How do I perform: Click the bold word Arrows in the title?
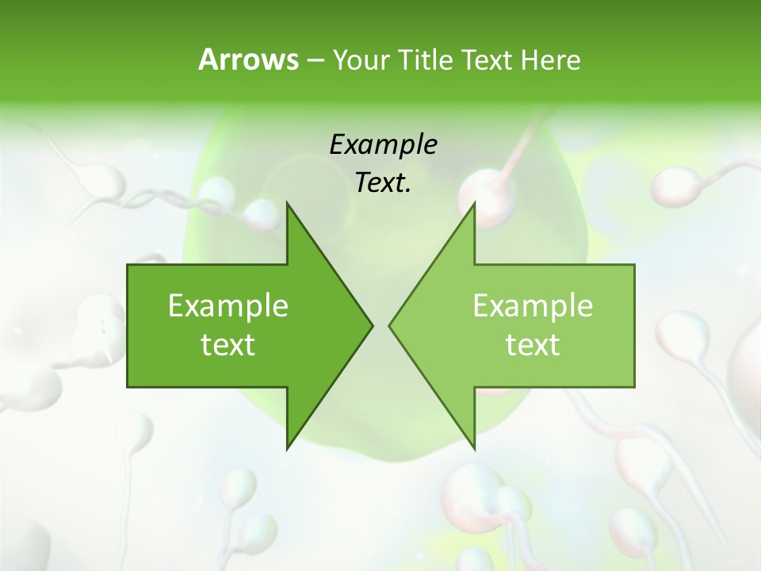(x=248, y=59)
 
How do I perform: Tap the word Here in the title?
(x=550, y=59)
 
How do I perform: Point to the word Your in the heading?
(x=361, y=59)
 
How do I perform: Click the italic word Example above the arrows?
(x=383, y=144)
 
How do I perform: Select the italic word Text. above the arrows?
(x=383, y=183)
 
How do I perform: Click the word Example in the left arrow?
(x=228, y=305)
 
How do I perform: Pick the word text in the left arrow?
(x=228, y=344)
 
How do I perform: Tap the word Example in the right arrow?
(x=533, y=305)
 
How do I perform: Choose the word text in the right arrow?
(x=533, y=344)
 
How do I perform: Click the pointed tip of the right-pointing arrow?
(x=372, y=325)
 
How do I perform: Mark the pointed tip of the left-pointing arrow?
(x=390, y=325)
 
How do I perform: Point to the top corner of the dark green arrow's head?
(x=288, y=203)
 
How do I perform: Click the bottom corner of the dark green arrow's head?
(x=288, y=448)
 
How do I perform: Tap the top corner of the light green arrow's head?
(x=474, y=203)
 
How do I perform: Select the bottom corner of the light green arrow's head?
(x=474, y=448)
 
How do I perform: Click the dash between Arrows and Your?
(x=314, y=60)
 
